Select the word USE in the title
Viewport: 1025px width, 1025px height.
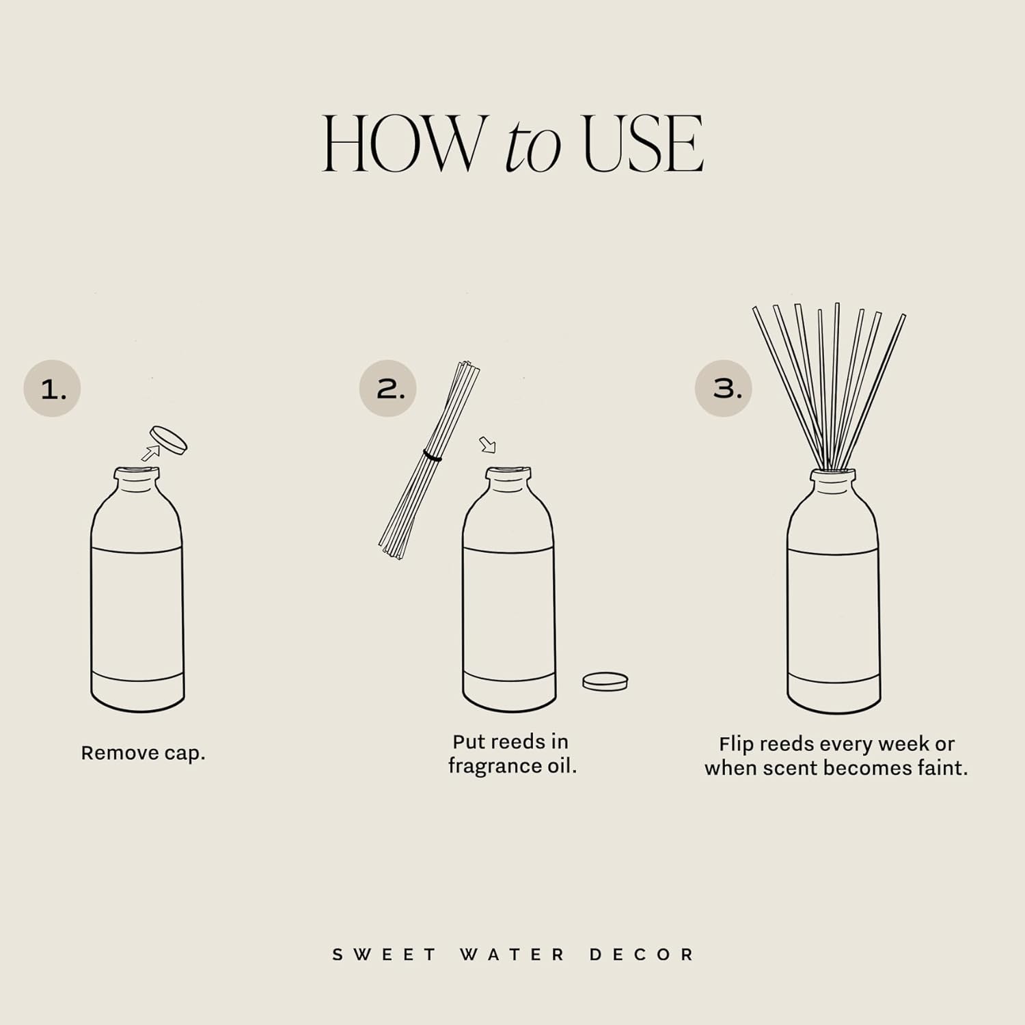pyautogui.click(x=643, y=144)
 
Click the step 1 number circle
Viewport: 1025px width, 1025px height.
pyautogui.click(x=53, y=389)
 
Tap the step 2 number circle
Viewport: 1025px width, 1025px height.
pyautogui.click(x=388, y=389)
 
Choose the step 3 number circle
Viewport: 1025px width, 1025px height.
pyautogui.click(x=724, y=389)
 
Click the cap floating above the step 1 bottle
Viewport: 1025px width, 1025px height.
pyautogui.click(x=169, y=439)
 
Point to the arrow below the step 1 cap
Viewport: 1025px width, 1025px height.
pyautogui.click(x=150, y=452)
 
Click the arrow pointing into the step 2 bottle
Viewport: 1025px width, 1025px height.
pyautogui.click(x=487, y=446)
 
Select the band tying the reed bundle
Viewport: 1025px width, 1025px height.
pyautogui.click(x=432, y=455)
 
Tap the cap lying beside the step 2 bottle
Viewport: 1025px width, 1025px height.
pyautogui.click(x=605, y=681)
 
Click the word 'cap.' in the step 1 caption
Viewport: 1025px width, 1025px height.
pyautogui.click(x=184, y=753)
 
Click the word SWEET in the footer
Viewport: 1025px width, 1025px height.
pyautogui.click(x=385, y=955)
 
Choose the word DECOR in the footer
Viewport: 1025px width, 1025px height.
pyautogui.click(x=642, y=955)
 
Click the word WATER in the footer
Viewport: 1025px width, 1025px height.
pyautogui.click(x=512, y=955)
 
